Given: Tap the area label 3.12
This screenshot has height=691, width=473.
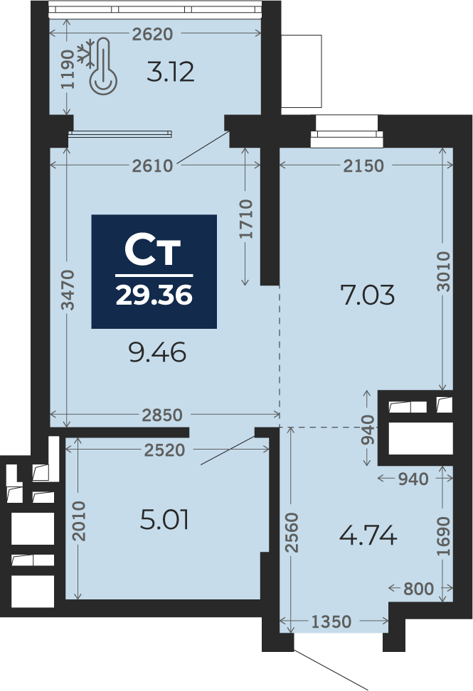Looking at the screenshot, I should pos(171,72).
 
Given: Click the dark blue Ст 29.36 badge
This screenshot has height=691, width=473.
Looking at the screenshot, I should pos(154,271).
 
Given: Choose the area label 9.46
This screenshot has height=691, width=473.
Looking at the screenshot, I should pos(157,352).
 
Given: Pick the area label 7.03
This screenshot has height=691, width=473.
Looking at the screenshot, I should pos(368,294).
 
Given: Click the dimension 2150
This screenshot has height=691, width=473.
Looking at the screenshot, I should pos(363,166).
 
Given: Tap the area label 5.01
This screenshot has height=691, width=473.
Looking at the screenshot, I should pos(165,521).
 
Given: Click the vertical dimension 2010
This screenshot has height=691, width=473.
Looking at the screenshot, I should pos(79,521).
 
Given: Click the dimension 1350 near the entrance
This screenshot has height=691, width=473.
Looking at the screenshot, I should pos(331,622).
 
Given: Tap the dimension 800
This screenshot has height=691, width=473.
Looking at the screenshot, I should pos(418,588).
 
